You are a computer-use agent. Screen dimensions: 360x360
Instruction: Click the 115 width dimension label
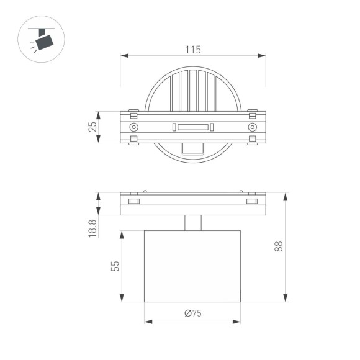click(x=193, y=49)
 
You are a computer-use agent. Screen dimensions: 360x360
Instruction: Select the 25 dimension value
click(x=92, y=127)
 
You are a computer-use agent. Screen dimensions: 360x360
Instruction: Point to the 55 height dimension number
click(x=115, y=266)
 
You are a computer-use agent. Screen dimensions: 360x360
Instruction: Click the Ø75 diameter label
click(x=193, y=313)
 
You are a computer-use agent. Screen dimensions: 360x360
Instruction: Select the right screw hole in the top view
click(x=251, y=127)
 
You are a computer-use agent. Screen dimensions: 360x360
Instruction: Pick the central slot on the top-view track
click(x=192, y=128)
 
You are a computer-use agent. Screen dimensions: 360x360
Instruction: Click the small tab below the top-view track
click(x=193, y=148)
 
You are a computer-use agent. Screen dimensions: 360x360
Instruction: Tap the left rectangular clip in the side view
click(x=133, y=201)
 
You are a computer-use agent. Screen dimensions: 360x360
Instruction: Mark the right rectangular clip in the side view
click(x=251, y=201)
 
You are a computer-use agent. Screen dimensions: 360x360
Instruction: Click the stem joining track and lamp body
click(x=193, y=223)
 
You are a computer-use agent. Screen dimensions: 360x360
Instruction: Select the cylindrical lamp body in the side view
click(x=192, y=266)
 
